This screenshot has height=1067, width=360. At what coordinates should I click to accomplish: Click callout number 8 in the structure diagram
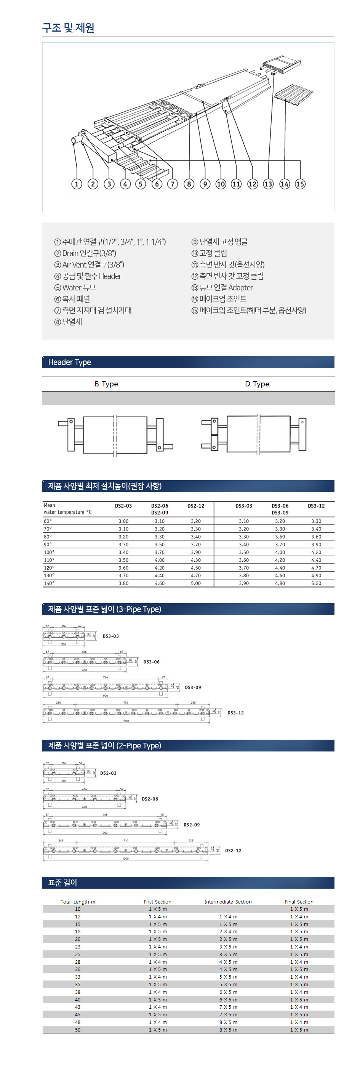tap(189, 184)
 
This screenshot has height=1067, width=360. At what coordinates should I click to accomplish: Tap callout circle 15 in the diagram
tap(300, 184)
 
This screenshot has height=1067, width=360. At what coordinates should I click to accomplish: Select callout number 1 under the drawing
tap(77, 184)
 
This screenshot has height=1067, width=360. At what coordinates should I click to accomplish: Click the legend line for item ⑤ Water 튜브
tap(75, 287)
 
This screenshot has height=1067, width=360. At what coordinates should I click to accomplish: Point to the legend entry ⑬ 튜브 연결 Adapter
tap(222, 287)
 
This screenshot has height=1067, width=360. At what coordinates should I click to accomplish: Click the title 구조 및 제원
tap(68, 28)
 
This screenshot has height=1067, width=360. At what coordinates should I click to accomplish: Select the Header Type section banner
tap(188, 362)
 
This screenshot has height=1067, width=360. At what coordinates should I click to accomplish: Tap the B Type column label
tap(106, 384)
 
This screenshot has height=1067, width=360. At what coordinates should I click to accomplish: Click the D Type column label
tap(257, 384)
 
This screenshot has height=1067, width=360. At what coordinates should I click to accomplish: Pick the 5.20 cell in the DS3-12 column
tap(316, 583)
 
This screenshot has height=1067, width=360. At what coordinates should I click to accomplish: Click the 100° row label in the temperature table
tap(49, 552)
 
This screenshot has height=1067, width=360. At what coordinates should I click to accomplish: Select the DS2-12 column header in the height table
tap(195, 506)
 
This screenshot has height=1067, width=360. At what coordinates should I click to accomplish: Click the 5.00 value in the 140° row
tap(195, 583)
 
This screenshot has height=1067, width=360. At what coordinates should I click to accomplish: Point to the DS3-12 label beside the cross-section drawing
tap(235, 713)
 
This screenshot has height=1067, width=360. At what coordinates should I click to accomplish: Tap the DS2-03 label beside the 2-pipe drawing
tap(108, 773)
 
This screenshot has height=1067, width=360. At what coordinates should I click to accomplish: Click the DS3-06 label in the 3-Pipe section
tap(151, 662)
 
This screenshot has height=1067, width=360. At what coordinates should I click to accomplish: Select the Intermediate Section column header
tap(228, 902)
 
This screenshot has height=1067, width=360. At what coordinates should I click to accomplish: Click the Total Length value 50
tap(78, 1030)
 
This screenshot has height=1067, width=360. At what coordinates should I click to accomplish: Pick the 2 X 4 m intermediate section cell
tap(228, 932)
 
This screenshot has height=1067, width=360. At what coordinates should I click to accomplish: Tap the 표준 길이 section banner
tap(188, 883)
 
